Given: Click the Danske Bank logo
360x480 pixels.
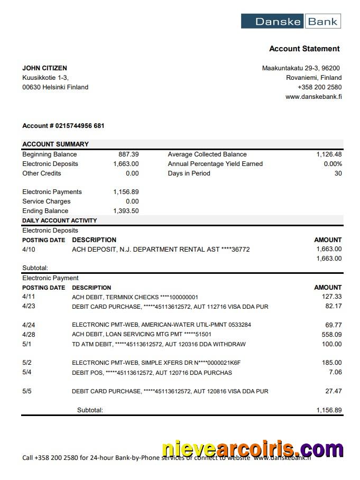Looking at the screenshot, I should click(x=291, y=21).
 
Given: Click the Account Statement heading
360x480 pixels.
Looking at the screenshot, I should click(x=304, y=49).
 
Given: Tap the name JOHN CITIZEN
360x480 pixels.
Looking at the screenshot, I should click(x=44, y=68).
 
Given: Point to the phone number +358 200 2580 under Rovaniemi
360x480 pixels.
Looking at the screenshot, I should click(x=319, y=87).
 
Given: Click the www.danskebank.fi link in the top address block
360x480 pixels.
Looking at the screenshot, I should click(x=313, y=97).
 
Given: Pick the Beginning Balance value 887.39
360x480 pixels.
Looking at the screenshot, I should click(x=128, y=154).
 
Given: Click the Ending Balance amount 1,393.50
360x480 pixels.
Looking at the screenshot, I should click(x=126, y=211).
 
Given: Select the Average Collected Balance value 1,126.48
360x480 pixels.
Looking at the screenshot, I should click(x=329, y=154).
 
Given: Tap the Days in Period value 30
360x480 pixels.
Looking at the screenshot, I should click(x=338, y=173).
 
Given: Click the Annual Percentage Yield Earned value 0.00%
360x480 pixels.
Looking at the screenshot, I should click(x=333, y=164).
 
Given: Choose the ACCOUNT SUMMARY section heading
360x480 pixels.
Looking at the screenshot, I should click(x=56, y=144).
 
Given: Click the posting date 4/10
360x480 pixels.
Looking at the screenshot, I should click(x=29, y=249).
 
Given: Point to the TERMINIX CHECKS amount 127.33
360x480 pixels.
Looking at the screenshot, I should click(x=331, y=297).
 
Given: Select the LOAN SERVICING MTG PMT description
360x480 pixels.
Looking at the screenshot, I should click(x=142, y=335).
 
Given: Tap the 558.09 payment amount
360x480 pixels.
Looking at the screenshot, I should click(x=331, y=335).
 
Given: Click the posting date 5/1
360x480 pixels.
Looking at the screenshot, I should click(x=27, y=344).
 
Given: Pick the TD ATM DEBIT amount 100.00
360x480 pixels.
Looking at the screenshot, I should click(x=331, y=344).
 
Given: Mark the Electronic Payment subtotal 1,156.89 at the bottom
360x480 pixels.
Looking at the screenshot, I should click(x=329, y=410).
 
